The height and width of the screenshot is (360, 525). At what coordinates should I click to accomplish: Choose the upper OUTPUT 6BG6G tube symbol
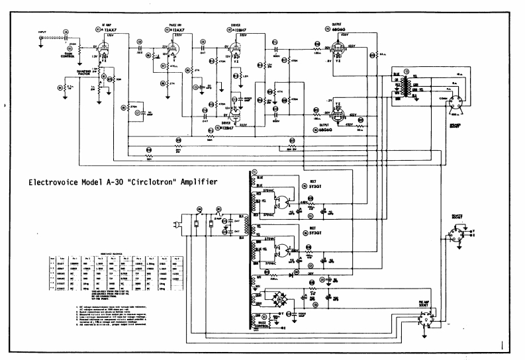(x=338, y=46)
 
